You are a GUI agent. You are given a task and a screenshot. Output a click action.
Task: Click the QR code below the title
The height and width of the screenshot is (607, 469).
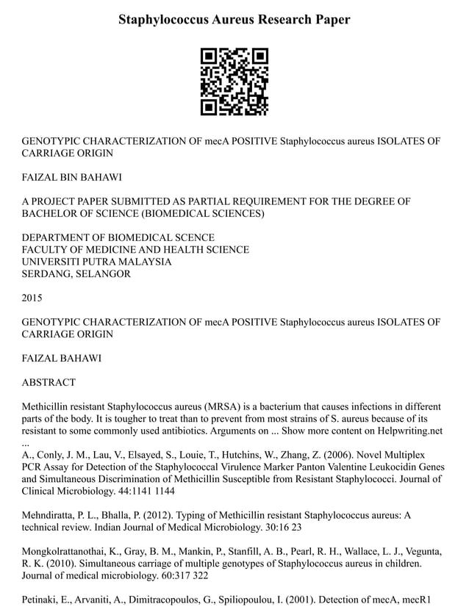pyautogui.click(x=234, y=82)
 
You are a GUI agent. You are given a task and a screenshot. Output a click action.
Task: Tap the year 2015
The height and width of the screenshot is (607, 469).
pyautogui.click(x=32, y=298)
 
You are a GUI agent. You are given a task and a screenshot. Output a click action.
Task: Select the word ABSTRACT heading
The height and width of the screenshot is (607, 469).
pyautogui.click(x=49, y=382)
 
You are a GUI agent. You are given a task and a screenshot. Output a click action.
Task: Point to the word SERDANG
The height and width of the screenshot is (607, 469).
pyautogui.click(x=46, y=274)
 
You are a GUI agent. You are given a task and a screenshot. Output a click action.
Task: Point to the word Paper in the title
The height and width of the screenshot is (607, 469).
pyautogui.click(x=332, y=20)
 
